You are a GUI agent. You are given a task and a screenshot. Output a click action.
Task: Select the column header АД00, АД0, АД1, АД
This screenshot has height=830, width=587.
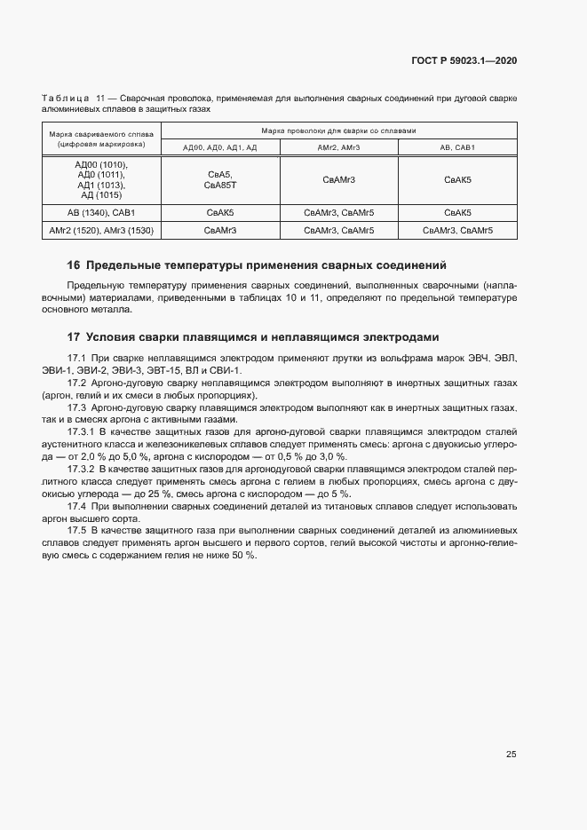219,147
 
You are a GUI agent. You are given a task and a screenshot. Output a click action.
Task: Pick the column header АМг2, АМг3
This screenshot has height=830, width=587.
338,147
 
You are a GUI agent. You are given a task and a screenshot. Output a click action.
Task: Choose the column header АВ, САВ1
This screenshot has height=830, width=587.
457,147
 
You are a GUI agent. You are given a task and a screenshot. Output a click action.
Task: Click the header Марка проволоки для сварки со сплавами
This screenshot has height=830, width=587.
338,130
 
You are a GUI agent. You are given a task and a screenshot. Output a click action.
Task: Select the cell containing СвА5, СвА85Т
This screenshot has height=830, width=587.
219,180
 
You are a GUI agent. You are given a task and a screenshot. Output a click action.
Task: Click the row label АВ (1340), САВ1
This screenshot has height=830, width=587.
101,213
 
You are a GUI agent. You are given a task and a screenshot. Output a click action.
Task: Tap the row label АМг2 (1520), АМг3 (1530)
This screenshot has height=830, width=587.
101,231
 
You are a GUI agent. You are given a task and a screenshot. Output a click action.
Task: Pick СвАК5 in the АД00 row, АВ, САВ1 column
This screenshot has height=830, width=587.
457,180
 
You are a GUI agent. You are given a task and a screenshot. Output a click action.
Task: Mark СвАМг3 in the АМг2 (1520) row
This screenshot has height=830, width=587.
219,231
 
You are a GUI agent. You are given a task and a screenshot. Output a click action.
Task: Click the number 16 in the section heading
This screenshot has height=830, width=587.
74,265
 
